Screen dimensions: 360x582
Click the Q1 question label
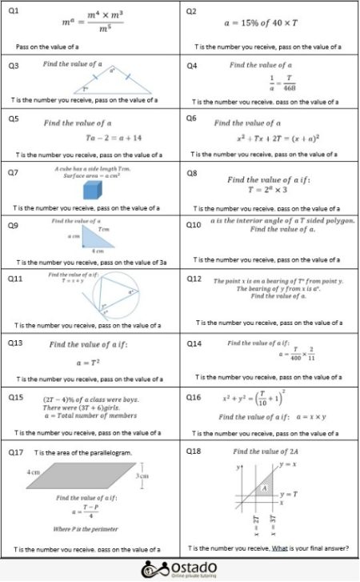(x=13, y=11)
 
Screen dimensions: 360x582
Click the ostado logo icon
(x=151, y=570)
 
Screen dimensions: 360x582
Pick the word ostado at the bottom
(x=192, y=567)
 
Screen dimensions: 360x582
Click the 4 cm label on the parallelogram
(x=33, y=472)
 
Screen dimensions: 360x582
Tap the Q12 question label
(x=194, y=279)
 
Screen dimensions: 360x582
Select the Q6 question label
(x=192, y=118)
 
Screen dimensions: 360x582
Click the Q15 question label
(x=15, y=397)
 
